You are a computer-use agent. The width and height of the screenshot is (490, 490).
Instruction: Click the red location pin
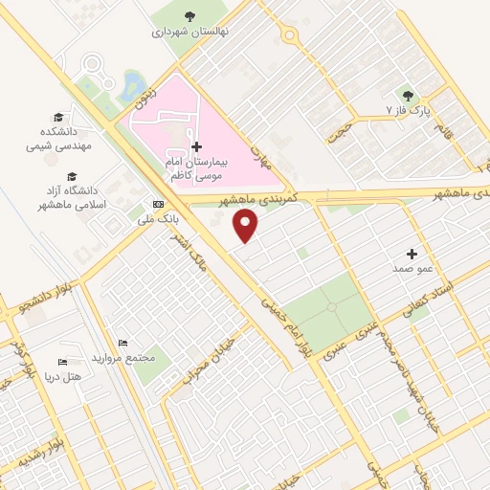click(x=248, y=225)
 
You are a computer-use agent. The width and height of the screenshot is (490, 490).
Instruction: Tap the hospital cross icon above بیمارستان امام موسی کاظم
click(x=197, y=146)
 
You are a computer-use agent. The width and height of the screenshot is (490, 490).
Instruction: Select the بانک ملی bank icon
click(x=158, y=204)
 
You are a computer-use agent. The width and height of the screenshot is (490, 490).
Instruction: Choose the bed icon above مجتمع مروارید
click(x=122, y=343)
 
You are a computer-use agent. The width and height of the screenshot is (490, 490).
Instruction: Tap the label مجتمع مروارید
click(x=122, y=358)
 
